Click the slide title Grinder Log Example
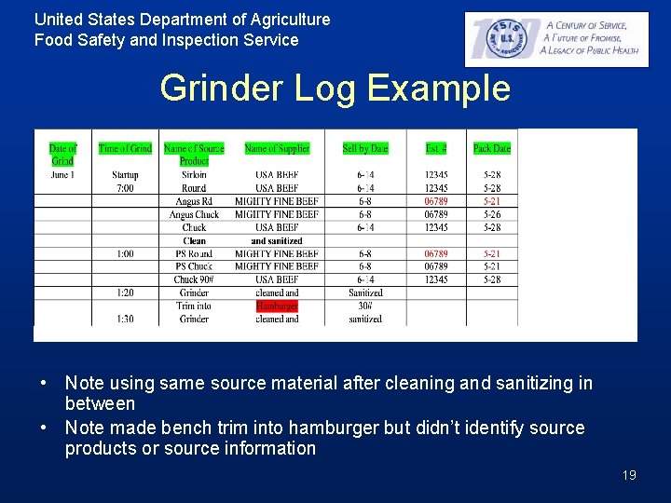335,88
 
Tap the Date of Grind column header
62,155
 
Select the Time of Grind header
125,149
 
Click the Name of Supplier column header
277,149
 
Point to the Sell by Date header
365,149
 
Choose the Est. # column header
435,149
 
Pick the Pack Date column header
491,149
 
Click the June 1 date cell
62,175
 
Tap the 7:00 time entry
125,188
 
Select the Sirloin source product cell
194,175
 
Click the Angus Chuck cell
194,214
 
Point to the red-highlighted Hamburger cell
277,306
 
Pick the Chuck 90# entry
194,279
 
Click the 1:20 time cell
125,292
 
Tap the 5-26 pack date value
491,214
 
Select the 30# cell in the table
365,306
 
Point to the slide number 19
629,475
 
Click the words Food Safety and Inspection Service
167,40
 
